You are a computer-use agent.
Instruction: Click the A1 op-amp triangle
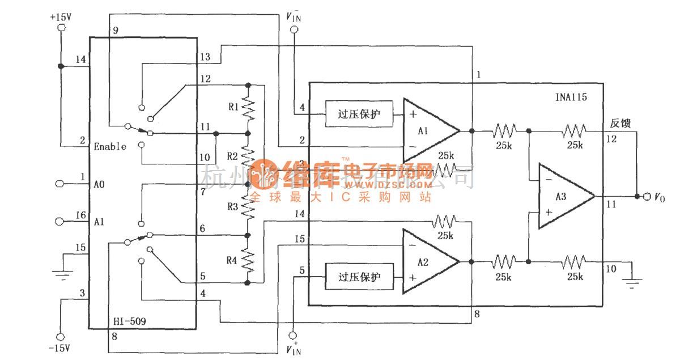coord(428,130)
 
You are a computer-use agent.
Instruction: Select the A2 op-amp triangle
coord(428,261)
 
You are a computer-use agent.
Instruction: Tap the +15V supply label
coord(61,16)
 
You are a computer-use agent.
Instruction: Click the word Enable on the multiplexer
coord(110,146)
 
